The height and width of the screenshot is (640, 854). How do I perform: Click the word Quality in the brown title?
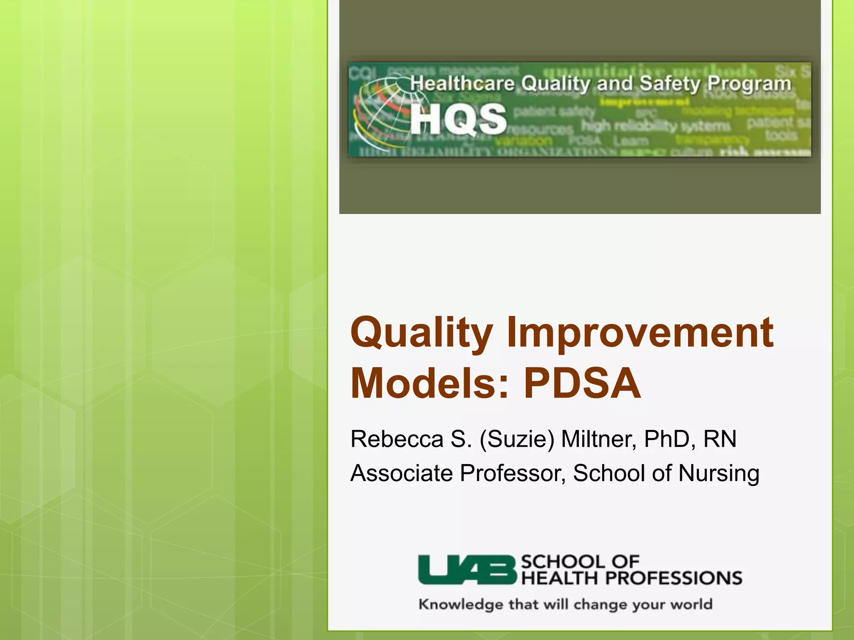pos(421,333)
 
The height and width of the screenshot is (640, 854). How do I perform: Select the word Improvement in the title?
pos(640,333)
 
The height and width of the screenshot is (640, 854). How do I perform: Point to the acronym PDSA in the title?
pos(582,383)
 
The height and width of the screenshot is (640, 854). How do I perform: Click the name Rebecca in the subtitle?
pos(397,439)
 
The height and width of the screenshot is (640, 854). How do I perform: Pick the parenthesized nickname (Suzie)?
pos(517,440)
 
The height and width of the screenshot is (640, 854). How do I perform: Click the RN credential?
pos(720,439)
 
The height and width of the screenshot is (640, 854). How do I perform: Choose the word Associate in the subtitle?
pos(401,473)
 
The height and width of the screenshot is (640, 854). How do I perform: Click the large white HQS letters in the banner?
pos(458,119)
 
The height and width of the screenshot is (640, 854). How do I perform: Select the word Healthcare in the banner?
pos(462,83)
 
